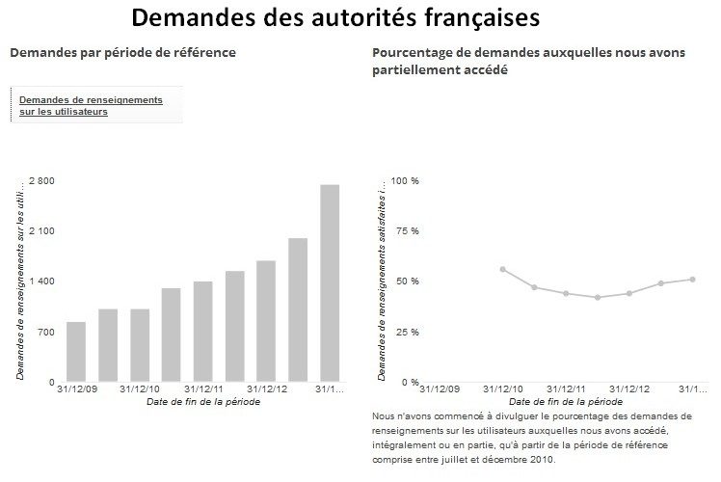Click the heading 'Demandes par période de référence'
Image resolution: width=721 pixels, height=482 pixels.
[x=122, y=51]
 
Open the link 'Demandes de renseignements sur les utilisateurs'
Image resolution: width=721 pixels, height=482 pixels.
[x=91, y=105]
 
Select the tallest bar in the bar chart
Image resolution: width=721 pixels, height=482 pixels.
[x=329, y=282]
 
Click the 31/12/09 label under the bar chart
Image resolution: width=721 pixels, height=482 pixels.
[x=76, y=389]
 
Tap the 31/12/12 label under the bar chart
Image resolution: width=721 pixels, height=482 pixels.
[x=266, y=389]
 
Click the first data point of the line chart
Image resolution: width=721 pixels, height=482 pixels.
[x=503, y=269]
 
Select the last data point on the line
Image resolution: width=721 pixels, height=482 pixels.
[x=692, y=280]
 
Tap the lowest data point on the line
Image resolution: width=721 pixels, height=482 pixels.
[x=598, y=297]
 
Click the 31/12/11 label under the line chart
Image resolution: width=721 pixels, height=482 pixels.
[x=567, y=389]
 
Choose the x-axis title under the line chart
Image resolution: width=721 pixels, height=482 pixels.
[x=566, y=401]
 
